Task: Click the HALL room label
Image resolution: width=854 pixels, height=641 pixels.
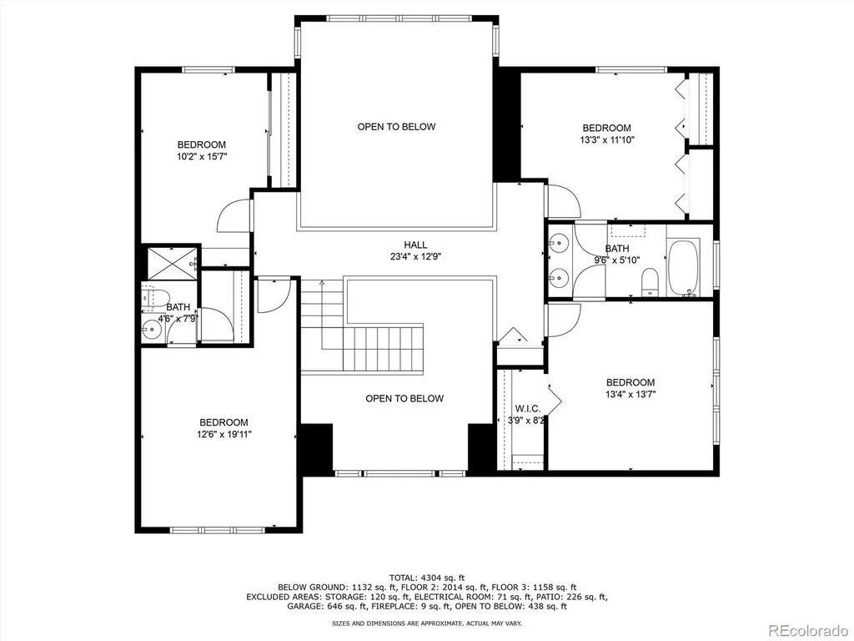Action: click(x=415, y=245)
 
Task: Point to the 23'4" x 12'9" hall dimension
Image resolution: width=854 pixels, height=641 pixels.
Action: click(x=415, y=257)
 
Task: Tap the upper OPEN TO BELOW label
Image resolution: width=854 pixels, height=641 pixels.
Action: click(x=396, y=127)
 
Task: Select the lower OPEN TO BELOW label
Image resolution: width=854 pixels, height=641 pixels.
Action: click(x=404, y=398)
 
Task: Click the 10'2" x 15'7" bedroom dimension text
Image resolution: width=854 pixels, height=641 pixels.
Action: click(x=202, y=156)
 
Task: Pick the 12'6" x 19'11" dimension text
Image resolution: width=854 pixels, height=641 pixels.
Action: click(x=224, y=434)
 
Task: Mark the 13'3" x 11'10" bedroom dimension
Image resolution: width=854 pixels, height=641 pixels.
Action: click(x=607, y=139)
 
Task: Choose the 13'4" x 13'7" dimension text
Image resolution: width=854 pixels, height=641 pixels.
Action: click(x=630, y=394)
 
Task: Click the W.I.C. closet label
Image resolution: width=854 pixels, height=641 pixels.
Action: click(x=528, y=409)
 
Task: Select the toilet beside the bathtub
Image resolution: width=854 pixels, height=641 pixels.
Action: click(x=651, y=282)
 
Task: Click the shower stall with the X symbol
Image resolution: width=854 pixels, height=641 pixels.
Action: click(x=172, y=263)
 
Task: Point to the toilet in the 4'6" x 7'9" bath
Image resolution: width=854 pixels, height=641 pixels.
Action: click(x=156, y=297)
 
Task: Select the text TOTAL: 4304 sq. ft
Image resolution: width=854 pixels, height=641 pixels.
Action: click(x=427, y=578)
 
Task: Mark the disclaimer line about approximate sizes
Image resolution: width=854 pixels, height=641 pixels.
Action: click(x=427, y=623)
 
